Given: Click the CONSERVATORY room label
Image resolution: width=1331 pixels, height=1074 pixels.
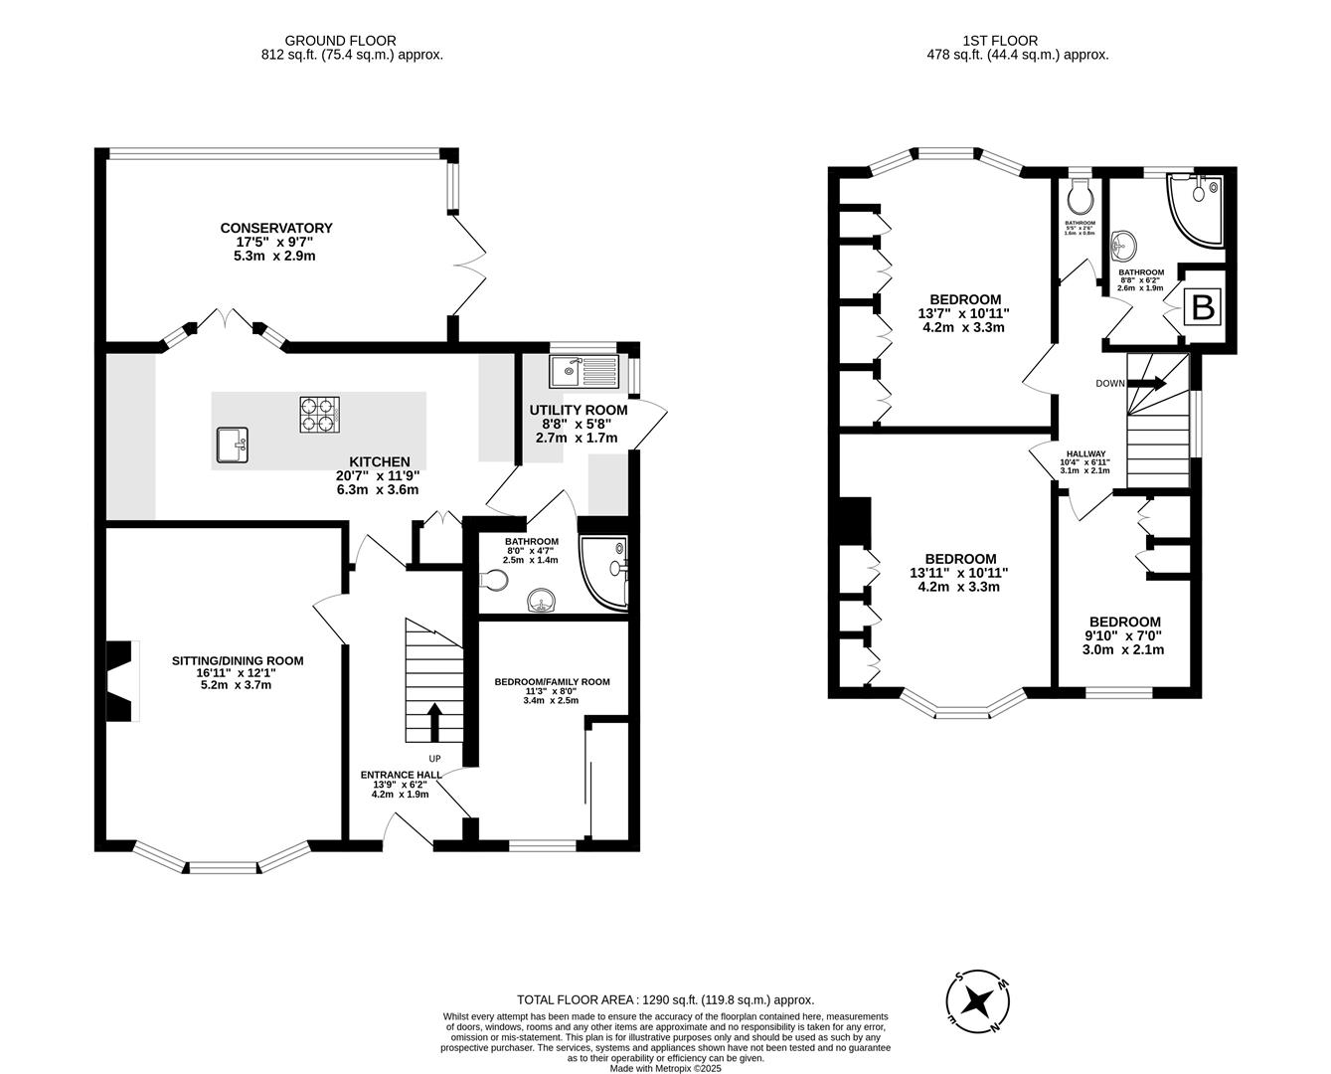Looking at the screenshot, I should [x=276, y=228].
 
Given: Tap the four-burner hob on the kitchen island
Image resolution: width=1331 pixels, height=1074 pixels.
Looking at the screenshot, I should [x=320, y=414].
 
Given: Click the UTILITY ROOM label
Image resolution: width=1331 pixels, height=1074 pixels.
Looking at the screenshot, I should [x=578, y=410].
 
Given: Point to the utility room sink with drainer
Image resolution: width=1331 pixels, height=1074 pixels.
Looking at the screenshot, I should [x=584, y=372].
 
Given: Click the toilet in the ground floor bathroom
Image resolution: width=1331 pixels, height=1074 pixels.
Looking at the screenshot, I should [x=491, y=579].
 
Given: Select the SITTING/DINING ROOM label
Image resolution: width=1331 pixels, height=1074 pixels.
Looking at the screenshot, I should [x=238, y=660].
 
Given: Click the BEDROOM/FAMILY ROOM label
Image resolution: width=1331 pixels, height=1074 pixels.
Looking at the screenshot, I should [x=552, y=681].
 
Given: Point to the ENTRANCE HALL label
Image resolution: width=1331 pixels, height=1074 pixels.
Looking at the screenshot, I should [x=401, y=774].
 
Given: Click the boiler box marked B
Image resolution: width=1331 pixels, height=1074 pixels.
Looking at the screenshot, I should [x=1203, y=308].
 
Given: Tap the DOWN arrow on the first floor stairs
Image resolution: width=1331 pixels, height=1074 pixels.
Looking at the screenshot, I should [x=1148, y=383].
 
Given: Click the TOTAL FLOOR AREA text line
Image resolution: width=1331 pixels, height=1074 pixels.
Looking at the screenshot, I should [x=665, y=999].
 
